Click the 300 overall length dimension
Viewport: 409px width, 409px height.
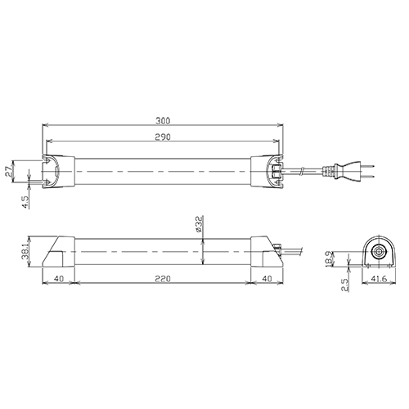(x=163, y=121)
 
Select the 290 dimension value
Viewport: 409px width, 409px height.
(x=163, y=137)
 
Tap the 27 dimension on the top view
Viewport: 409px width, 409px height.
(x=9, y=173)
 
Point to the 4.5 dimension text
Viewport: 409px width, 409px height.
(x=25, y=202)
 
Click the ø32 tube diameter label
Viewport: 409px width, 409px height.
(x=199, y=224)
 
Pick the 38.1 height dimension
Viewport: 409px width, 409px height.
(x=25, y=251)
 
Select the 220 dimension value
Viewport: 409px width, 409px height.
(x=163, y=279)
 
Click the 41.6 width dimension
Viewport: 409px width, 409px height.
(x=379, y=279)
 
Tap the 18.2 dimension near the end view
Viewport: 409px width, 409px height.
(x=330, y=258)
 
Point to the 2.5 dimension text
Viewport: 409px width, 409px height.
(x=345, y=285)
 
